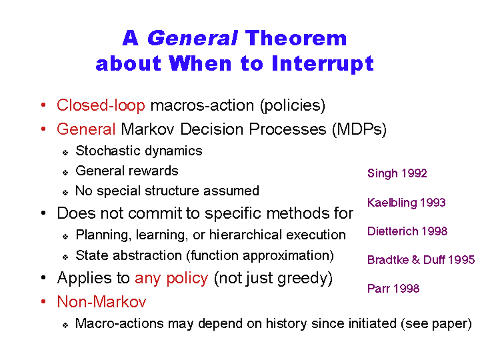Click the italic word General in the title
click(x=193, y=38)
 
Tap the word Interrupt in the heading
click(x=323, y=64)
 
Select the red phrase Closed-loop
click(x=101, y=105)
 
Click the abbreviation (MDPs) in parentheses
click(x=359, y=129)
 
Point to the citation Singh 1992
click(x=397, y=173)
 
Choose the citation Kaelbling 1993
click(x=406, y=203)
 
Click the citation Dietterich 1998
click(x=407, y=231)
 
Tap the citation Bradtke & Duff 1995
click(x=421, y=260)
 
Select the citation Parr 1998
click(x=393, y=289)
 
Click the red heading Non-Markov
click(x=101, y=301)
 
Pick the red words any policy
click(x=171, y=279)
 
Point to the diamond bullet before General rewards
click(x=65, y=173)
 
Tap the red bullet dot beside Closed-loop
click(x=43, y=105)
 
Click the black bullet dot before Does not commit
click(x=43, y=213)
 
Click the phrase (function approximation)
click(x=260, y=255)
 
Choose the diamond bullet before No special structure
click(x=65, y=193)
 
